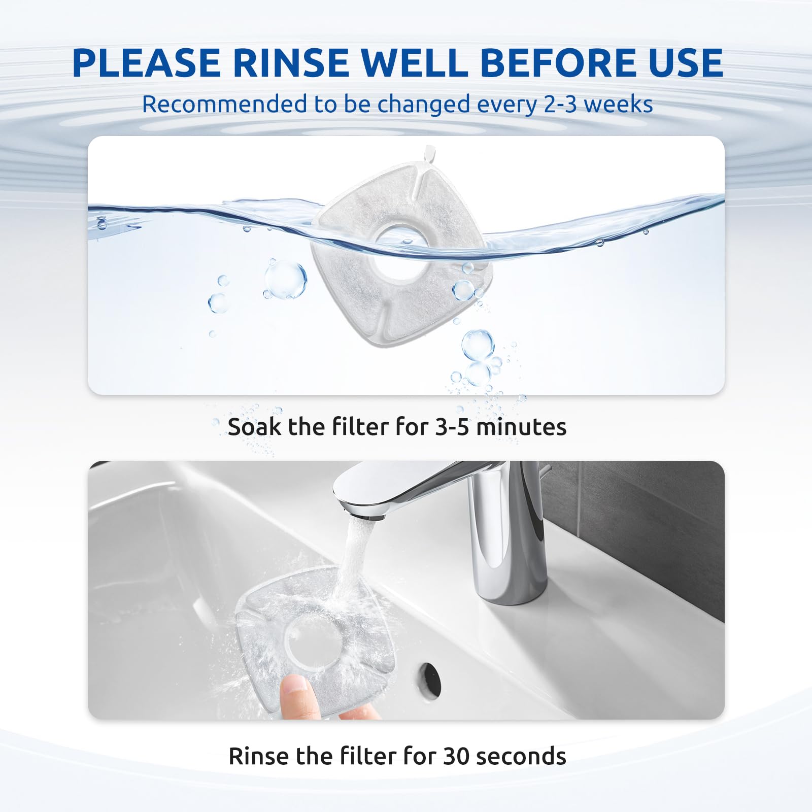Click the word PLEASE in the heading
tap(147, 63)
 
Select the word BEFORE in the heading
tap(551, 63)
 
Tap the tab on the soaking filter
tap(429, 152)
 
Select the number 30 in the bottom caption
tap(456, 756)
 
